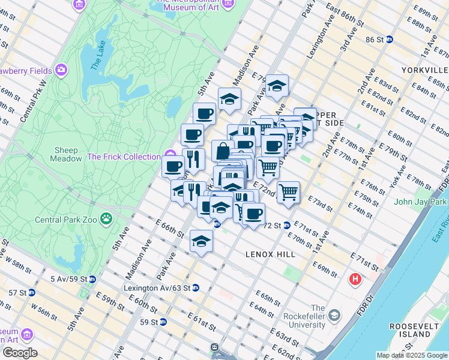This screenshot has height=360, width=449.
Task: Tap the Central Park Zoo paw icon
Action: tap(106, 218)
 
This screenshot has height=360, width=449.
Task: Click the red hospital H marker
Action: tap(356, 280)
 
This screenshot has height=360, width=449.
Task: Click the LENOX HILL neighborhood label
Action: tap(270, 254)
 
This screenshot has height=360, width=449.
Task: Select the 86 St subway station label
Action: tap(375, 39)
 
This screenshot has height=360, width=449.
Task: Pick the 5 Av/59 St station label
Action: tap(73, 279)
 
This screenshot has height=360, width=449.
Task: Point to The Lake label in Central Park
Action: tap(98, 58)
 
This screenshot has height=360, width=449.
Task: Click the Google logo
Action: tap(20, 353)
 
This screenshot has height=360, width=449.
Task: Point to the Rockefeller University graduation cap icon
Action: tap(334, 316)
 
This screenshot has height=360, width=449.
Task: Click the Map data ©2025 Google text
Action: tap(411, 355)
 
